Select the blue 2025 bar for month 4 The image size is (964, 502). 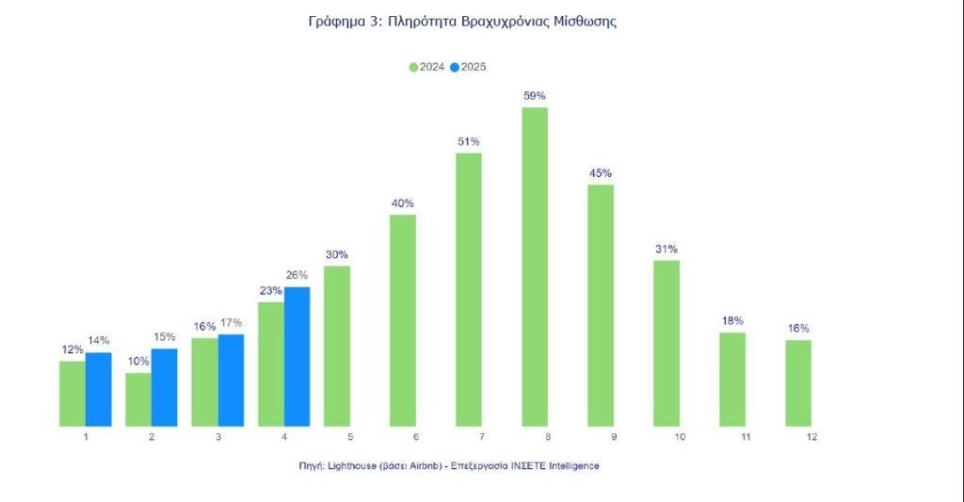click(297, 357)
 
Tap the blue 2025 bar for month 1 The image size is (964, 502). click(98, 389)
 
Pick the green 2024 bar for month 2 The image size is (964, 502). click(138, 399)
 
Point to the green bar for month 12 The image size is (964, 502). click(798, 382)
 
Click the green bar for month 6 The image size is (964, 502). click(402, 320)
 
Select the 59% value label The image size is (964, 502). click(535, 96)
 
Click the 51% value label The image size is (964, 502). click(468, 141)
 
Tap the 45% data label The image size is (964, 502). click(601, 173)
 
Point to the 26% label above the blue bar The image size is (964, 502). click(297, 276)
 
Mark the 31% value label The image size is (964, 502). click(667, 249)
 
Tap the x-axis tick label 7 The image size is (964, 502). click(481, 437)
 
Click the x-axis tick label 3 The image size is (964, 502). click(218, 437)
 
